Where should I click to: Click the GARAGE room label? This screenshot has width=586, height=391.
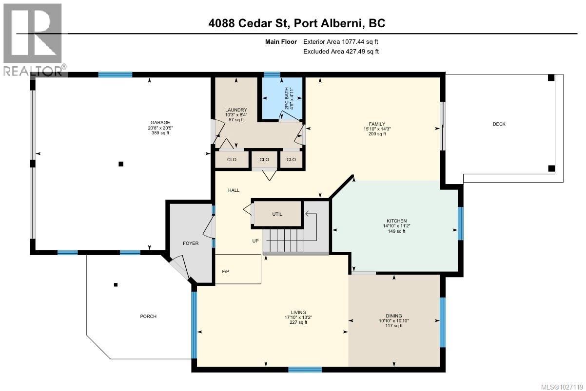coord(156,123)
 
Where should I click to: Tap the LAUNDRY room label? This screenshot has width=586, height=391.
coord(236,110)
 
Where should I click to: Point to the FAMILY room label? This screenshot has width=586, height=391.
coord(377,124)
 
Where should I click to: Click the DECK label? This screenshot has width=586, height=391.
coord(499,124)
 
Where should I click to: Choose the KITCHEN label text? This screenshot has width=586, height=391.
coord(394,221)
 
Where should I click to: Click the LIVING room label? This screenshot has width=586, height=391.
coord(298,312)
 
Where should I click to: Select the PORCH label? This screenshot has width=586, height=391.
coord(148,317)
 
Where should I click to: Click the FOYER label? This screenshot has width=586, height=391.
coord(191,243)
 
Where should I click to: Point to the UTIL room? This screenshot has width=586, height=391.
coord(277,214)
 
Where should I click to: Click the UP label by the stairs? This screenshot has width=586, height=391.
coord(255,241)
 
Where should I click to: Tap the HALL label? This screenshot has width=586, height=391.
coord(234,190)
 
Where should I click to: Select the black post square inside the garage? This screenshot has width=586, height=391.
coord(121,164)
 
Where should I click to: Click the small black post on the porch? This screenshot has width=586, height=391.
coord(116,285)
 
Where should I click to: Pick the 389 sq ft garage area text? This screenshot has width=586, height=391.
coord(156,133)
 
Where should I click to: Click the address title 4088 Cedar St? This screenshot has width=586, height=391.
coord(249,23)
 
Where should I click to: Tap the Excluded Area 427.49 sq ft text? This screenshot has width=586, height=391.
coord(341,51)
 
